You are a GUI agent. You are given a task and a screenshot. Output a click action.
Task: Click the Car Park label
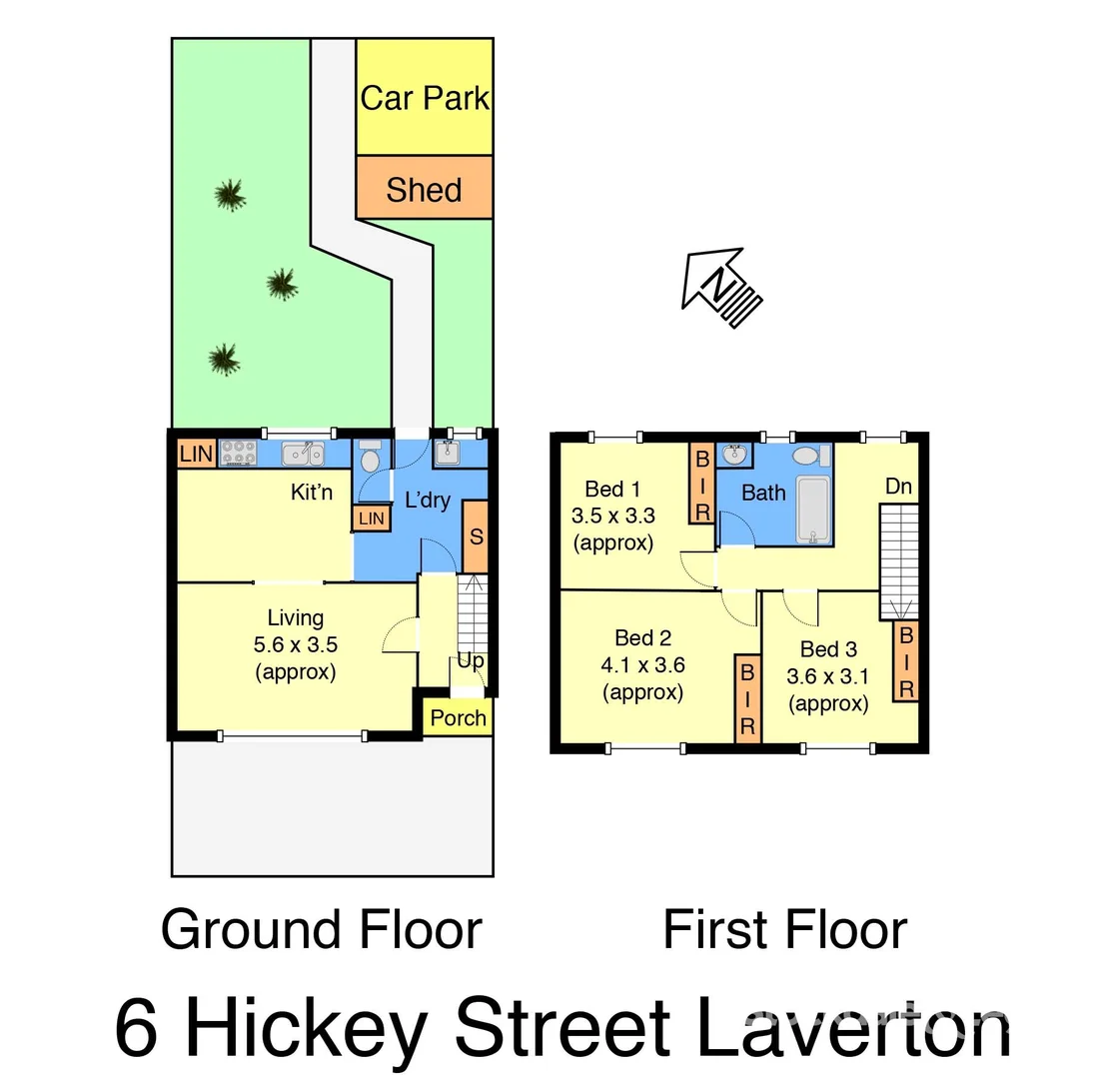pyautogui.click(x=425, y=98)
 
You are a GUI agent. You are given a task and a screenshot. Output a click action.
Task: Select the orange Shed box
pyautogui.click(x=424, y=188)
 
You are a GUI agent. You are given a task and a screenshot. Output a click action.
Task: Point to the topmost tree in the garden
pyautogui.click(x=231, y=194)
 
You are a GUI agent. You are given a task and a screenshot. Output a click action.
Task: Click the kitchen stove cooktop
pyautogui.click(x=239, y=454)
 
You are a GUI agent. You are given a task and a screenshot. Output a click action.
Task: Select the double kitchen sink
pyautogui.click(x=303, y=455)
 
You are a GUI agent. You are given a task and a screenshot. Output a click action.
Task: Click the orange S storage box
pyautogui.click(x=476, y=537)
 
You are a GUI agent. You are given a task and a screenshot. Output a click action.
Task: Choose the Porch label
pyautogui.click(x=458, y=717)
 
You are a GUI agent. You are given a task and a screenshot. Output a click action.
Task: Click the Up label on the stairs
pyautogui.click(x=471, y=660)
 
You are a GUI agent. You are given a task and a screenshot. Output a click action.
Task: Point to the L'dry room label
pyautogui.click(x=427, y=500)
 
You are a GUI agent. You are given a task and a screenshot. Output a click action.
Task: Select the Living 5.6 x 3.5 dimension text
pyautogui.click(x=295, y=645)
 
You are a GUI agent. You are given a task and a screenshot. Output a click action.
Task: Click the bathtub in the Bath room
pyautogui.click(x=814, y=510)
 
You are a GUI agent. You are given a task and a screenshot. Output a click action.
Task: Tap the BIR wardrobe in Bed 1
pyautogui.click(x=701, y=484)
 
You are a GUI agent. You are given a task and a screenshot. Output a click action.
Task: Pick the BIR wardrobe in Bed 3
pyautogui.click(x=906, y=661)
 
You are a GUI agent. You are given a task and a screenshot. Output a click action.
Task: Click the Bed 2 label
pyautogui.click(x=642, y=638)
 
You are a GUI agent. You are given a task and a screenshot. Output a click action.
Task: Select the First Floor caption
pyautogui.click(x=784, y=930)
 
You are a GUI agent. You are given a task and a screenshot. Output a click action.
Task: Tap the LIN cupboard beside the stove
pyautogui.click(x=196, y=454)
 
